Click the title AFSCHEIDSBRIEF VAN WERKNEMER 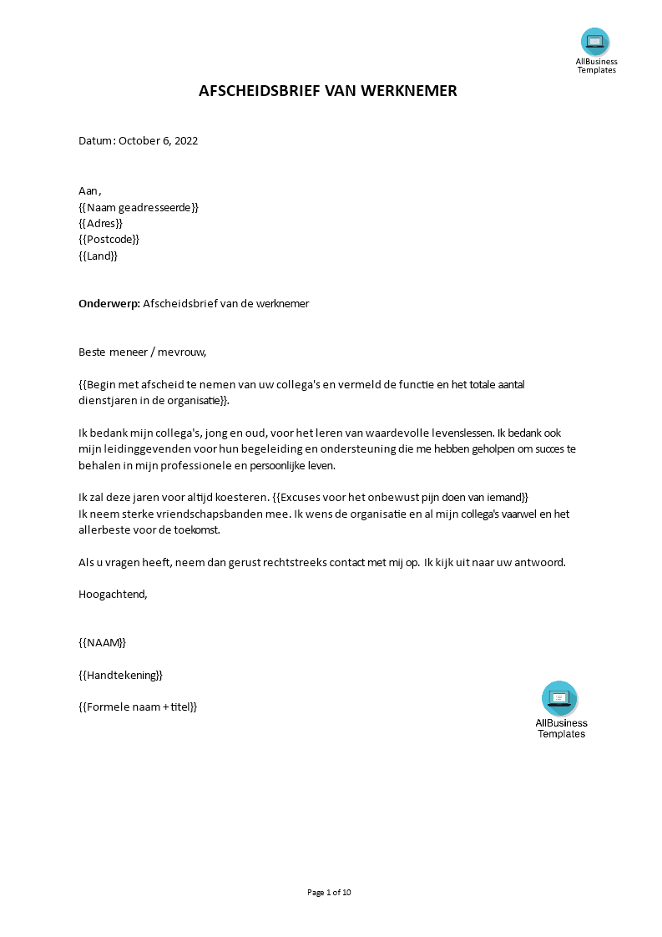pos(328,91)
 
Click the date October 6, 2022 pos(158,140)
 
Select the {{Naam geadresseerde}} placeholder pos(139,207)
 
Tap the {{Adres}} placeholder pos(100,223)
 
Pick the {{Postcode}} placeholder pos(109,239)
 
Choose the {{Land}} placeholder pos(98,256)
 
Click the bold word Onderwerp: pos(109,303)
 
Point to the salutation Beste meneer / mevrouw pos(142,352)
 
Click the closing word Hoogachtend pos(113,594)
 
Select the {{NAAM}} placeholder pos(102,642)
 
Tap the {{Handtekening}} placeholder pos(120,674)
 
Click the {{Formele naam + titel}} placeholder pos(138,707)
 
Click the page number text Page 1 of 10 pos(330,892)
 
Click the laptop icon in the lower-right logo pos(559,697)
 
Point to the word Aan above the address pos(88,191)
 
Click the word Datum pos(95,140)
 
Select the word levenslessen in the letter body pos(461,433)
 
